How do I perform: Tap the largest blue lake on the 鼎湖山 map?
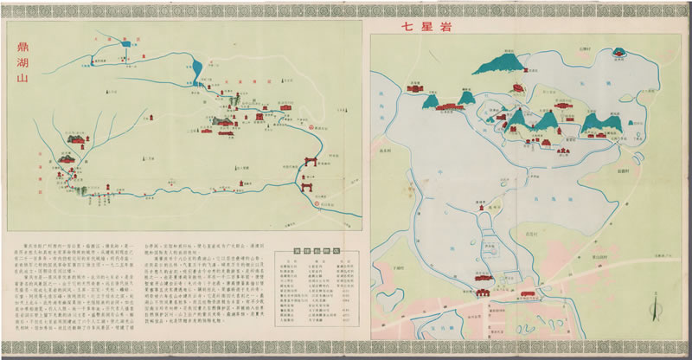click(197, 67)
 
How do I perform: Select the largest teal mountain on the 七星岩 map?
click(503, 62)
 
